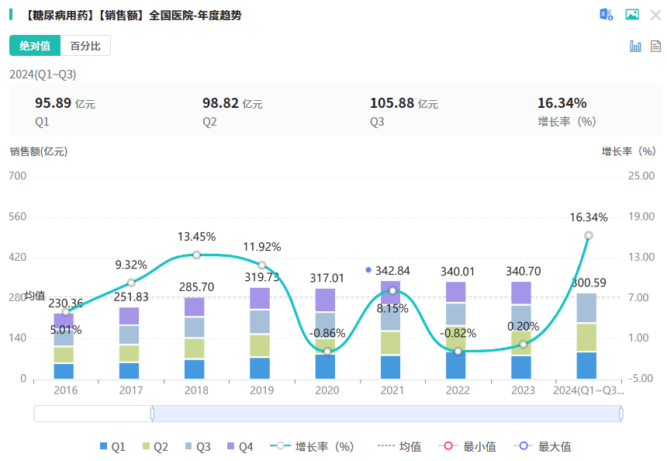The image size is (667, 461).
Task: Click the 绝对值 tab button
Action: click(35, 46)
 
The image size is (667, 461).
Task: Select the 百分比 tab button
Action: click(85, 46)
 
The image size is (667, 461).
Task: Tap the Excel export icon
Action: click(607, 15)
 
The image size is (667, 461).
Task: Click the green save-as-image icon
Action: click(632, 15)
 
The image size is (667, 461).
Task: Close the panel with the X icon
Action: click(655, 15)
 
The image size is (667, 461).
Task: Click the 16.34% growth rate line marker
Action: click(589, 235)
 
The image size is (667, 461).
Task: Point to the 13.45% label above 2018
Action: click(196, 237)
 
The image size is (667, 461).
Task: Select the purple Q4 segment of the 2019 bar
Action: click(261, 298)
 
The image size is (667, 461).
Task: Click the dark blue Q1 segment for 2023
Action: click(524, 367)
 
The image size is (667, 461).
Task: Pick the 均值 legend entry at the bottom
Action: click(399, 446)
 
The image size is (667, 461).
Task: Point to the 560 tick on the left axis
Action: click(18, 217)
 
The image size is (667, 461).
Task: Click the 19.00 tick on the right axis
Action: click(641, 217)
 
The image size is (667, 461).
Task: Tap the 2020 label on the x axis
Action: click(327, 390)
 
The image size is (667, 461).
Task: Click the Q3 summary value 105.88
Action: click(393, 103)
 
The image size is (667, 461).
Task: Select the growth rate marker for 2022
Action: click(458, 351)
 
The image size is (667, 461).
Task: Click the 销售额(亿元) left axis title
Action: click(39, 151)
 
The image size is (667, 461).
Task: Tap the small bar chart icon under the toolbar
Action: click(635, 47)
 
